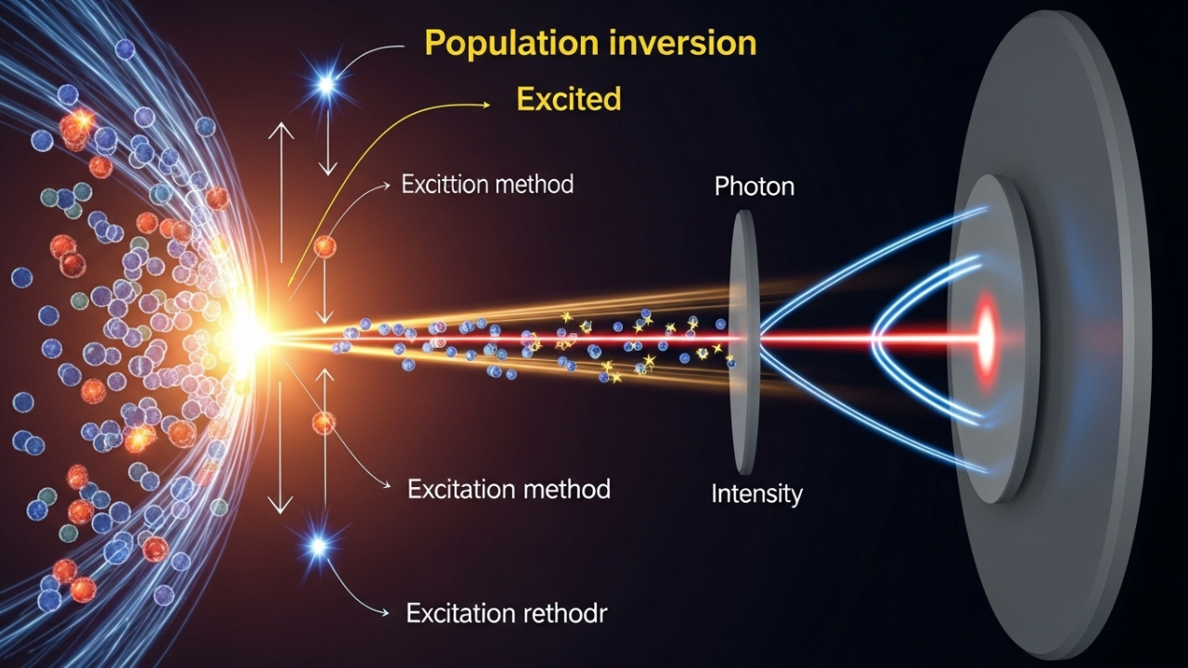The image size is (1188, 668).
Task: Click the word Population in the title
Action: [x=512, y=44]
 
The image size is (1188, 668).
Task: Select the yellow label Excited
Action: [x=569, y=98]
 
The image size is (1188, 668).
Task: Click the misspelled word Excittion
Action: [x=445, y=184]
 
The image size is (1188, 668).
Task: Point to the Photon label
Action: [x=755, y=186]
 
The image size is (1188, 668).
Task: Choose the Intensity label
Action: [x=756, y=494]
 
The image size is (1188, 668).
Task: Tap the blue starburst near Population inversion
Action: [x=327, y=83]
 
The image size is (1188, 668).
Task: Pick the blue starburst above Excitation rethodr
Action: [x=318, y=546]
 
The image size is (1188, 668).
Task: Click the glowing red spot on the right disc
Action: [x=986, y=340]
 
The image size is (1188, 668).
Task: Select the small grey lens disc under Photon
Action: [x=743, y=342]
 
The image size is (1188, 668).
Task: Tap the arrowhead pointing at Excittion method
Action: [x=385, y=186]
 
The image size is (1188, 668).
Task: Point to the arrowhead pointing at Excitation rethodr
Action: [x=384, y=613]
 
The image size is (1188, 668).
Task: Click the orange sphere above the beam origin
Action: [x=325, y=247]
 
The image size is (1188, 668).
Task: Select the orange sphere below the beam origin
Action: [x=324, y=423]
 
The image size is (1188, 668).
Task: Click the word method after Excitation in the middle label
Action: [x=566, y=489]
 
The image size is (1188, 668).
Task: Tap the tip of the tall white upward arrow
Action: [x=281, y=124]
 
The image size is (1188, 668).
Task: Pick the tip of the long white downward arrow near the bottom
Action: [x=280, y=513]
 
